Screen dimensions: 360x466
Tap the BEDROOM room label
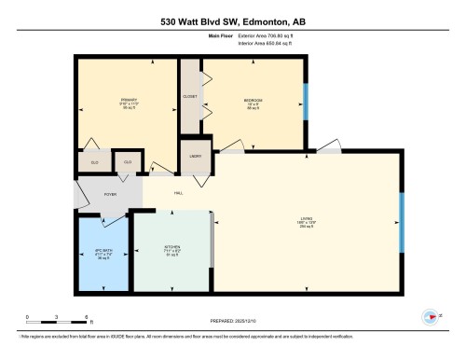[253, 100]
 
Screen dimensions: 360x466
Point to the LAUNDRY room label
[196, 156]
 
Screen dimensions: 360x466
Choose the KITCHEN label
[172, 248]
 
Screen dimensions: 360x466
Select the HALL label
[177, 193]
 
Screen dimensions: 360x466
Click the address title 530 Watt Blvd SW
[232, 21]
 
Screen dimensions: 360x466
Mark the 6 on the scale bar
[86, 318]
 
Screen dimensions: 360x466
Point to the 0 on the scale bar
[27, 318]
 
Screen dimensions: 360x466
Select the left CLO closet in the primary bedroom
[94, 162]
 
